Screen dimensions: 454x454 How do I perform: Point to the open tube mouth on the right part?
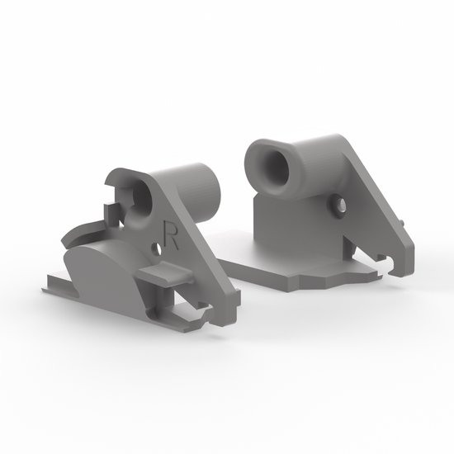click(269, 158)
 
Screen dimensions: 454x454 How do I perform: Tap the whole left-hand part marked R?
click(149, 248)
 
